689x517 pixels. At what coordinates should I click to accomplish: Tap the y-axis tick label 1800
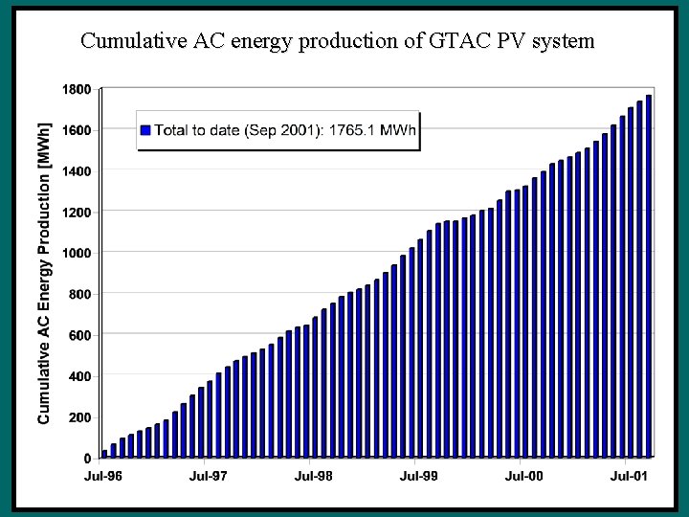tap(77, 89)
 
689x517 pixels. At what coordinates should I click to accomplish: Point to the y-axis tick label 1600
tap(77, 130)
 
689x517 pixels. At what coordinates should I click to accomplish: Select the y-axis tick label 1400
tap(77, 171)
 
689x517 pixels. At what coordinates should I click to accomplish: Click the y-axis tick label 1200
tap(77, 212)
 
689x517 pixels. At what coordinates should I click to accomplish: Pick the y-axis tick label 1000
tap(77, 253)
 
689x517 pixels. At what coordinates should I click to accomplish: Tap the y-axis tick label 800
tap(79, 294)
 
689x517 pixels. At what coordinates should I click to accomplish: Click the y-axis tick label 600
tap(79, 335)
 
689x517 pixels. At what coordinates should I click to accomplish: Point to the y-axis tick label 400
tap(79, 376)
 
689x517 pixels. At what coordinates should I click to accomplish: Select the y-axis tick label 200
tap(79, 417)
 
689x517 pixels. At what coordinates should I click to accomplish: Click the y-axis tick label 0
tap(87, 459)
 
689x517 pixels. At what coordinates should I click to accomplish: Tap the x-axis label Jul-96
tap(103, 475)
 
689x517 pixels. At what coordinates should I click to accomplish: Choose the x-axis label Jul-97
tap(209, 475)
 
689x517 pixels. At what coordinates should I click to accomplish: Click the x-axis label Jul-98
tap(313, 475)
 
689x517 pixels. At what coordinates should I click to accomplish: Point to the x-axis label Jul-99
tap(418, 475)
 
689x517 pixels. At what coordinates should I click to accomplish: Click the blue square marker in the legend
tap(146, 130)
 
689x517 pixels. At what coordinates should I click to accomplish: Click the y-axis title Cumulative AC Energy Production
tap(44, 273)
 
